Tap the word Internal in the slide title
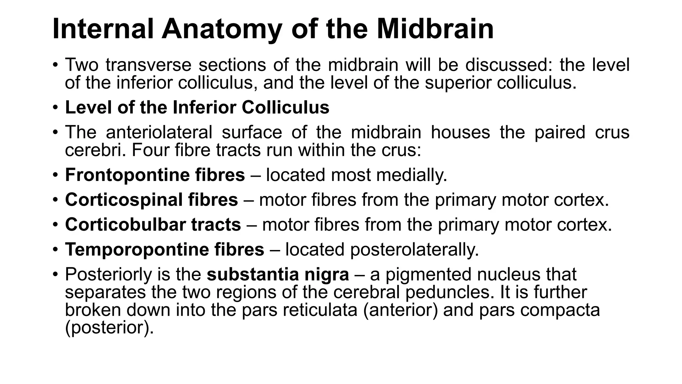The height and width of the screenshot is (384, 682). pyautogui.click(x=103, y=29)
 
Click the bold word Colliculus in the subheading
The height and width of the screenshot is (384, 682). pyautogui.click(x=285, y=107)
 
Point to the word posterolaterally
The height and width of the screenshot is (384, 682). pyautogui.click(x=414, y=250)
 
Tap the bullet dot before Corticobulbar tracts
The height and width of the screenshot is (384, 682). pyautogui.click(x=55, y=224)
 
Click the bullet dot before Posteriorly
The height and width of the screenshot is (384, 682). pyautogui.click(x=55, y=274)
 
